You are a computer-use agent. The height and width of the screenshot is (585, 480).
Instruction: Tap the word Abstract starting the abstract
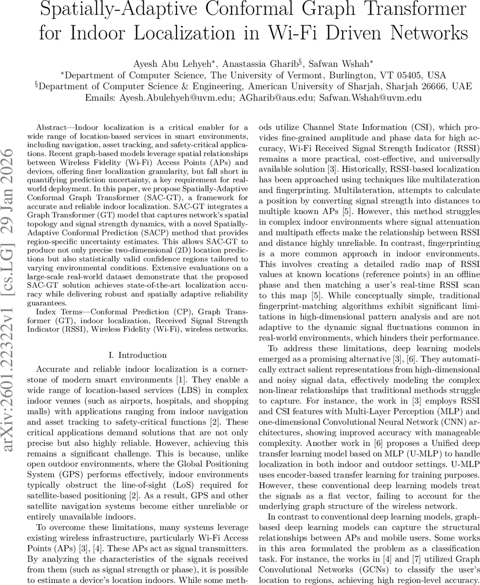point(54,127)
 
